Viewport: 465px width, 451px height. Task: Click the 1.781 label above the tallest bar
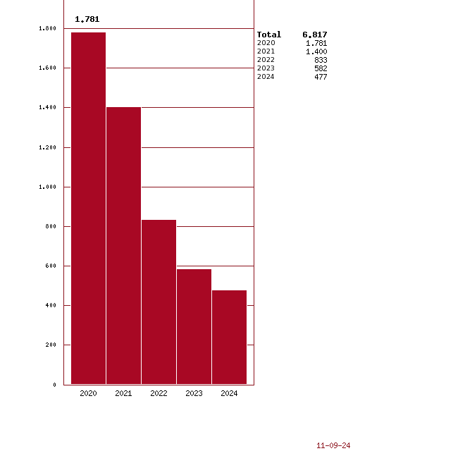[x=87, y=19]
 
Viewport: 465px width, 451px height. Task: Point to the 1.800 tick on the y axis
[x=48, y=29]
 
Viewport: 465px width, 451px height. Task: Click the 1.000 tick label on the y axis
[x=48, y=187]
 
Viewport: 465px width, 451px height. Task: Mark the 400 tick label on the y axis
[x=50, y=305]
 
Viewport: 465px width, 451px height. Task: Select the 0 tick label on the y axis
[x=54, y=385]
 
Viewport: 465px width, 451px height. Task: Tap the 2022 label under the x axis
[x=159, y=393]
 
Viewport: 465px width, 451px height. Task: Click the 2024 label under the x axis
[x=229, y=393]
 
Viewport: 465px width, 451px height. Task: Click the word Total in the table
[x=269, y=35]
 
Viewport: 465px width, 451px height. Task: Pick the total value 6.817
[x=315, y=35]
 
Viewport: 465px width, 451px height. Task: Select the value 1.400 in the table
[x=316, y=51]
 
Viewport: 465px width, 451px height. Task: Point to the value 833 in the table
[x=321, y=60]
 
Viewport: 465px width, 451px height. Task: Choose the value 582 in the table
[x=321, y=68]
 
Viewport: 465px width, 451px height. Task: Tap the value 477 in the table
[x=321, y=77]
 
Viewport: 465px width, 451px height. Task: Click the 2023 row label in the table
[x=266, y=68]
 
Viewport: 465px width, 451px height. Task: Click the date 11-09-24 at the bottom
[x=333, y=445]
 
